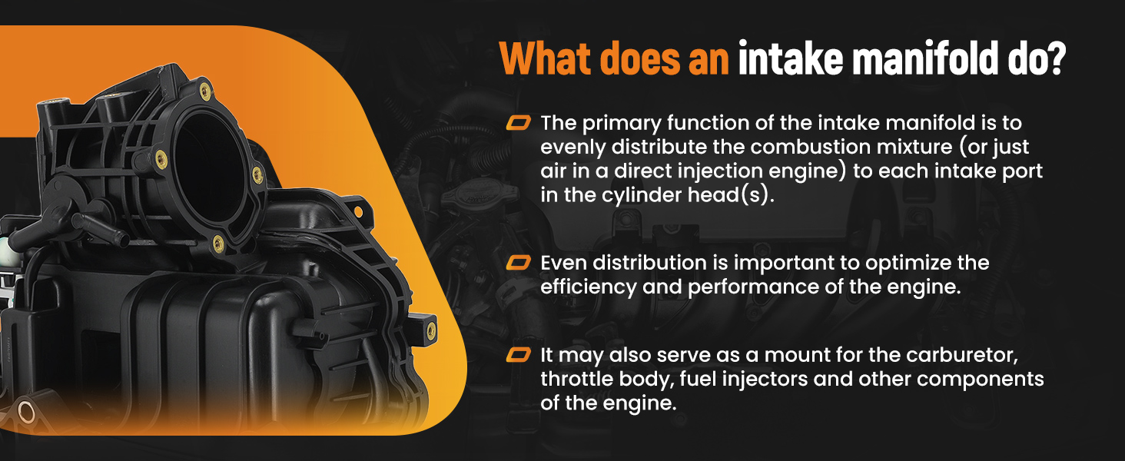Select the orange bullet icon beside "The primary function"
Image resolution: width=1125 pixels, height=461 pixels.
click(518, 122)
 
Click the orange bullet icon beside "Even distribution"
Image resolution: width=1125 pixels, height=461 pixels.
click(518, 262)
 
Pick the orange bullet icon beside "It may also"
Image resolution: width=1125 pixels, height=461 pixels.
click(518, 354)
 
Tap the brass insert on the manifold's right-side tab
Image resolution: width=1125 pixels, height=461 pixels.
click(431, 330)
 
